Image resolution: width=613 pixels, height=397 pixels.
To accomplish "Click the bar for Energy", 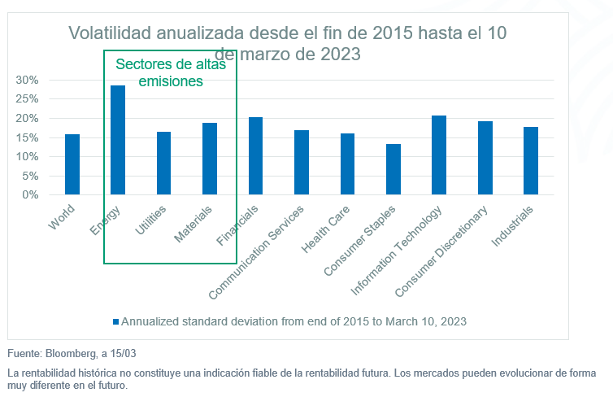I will pyautogui.click(x=118, y=140).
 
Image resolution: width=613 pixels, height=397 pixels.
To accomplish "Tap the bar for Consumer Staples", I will pyautogui.click(x=393, y=169).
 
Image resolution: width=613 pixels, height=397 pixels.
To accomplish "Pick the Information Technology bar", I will pyautogui.click(x=439, y=155).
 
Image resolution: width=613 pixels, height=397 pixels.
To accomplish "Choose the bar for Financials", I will pyautogui.click(x=255, y=155).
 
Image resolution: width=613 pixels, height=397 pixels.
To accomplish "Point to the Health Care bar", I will pyautogui.click(x=347, y=164).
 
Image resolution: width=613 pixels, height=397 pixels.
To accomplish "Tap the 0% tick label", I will pyautogui.click(x=30, y=195).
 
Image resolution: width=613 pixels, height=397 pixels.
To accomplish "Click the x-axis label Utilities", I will pyautogui.click(x=152, y=220).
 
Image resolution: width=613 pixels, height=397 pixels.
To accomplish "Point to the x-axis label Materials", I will pyautogui.click(x=194, y=223).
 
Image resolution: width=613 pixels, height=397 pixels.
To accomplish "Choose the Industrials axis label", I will pyautogui.click(x=514, y=225).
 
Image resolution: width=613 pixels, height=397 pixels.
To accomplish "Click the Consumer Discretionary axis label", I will pyautogui.click(x=442, y=250).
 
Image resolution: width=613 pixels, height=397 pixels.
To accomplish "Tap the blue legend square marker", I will pyautogui.click(x=115, y=321).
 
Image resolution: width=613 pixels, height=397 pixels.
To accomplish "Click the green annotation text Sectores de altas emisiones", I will pyautogui.click(x=170, y=72).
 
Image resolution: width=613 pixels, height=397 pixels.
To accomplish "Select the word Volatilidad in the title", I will pyautogui.click(x=112, y=33).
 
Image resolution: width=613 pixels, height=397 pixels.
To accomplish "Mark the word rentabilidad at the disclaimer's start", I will pyautogui.click(x=46, y=373).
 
